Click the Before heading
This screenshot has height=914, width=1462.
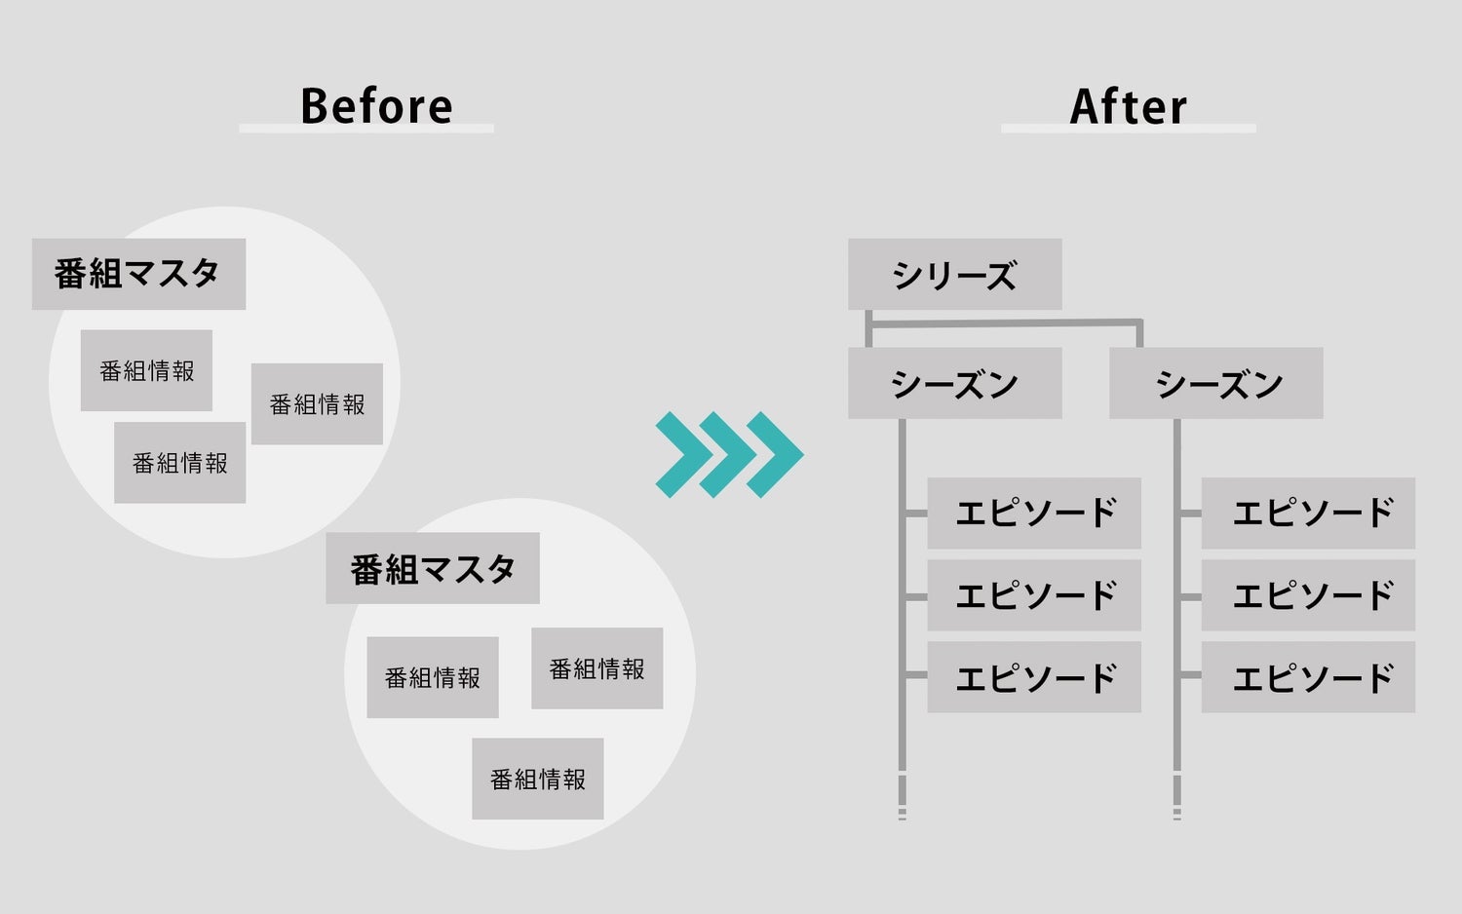point(376,106)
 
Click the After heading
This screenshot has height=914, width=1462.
point(1128,106)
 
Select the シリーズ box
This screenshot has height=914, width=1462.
point(954,275)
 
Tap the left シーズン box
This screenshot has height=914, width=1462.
point(954,384)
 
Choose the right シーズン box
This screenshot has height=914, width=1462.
point(1215,384)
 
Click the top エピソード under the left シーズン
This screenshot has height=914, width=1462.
point(1033,513)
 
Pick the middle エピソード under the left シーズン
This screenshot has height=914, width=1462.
point(1033,594)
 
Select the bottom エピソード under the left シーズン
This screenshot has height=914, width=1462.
point(1033,676)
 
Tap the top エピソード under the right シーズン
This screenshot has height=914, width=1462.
point(1308,513)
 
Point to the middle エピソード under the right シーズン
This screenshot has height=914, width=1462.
point(1308,594)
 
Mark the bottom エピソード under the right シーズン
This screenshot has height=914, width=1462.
point(1308,676)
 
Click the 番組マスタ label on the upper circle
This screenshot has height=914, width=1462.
point(138,274)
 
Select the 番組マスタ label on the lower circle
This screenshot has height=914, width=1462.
point(432,568)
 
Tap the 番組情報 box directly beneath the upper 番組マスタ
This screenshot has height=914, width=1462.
point(146,370)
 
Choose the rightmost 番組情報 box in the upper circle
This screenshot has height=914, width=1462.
point(317,404)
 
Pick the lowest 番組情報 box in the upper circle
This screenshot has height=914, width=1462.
point(179,463)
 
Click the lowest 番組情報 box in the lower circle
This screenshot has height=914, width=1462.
point(537,779)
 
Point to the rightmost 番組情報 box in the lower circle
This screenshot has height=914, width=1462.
point(596,668)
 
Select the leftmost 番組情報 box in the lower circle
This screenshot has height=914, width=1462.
point(432,677)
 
